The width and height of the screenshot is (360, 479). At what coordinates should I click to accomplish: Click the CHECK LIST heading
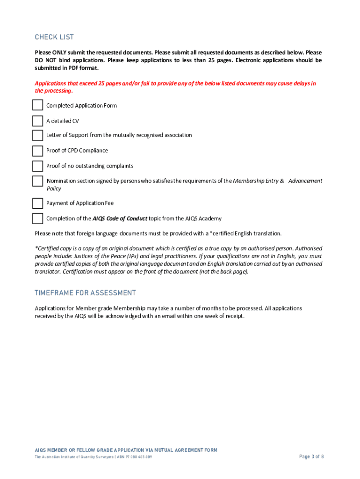(x=54, y=37)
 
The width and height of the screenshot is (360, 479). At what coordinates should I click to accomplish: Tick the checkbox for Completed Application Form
(x=38, y=106)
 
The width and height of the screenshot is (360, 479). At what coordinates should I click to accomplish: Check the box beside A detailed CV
(x=38, y=121)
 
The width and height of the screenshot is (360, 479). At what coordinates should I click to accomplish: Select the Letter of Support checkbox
(x=38, y=135)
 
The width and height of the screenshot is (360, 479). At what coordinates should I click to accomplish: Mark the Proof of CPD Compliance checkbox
(x=38, y=151)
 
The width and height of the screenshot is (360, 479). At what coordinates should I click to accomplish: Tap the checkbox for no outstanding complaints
(x=38, y=166)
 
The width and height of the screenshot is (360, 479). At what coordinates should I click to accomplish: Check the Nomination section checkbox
(x=38, y=181)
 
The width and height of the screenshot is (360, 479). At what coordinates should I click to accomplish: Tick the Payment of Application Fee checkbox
(x=38, y=203)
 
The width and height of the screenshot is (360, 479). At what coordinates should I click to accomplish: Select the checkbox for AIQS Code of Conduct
(x=38, y=218)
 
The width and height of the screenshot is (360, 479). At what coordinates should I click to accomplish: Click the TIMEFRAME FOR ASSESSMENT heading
(x=85, y=293)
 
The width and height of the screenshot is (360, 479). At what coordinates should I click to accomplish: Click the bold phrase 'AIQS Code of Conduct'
(x=120, y=218)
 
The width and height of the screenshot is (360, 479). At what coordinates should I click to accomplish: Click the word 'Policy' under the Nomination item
(x=54, y=189)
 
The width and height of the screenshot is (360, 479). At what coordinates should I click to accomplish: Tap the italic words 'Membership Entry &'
(x=259, y=181)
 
